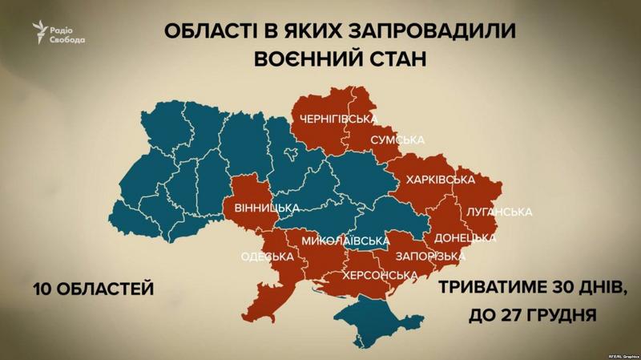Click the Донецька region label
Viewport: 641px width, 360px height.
tap(464, 239)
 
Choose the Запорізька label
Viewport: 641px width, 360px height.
tap(429, 257)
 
